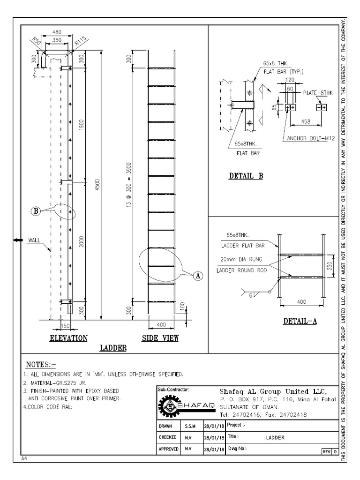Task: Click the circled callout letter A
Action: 198,277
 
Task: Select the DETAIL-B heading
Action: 246,177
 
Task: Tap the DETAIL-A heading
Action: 300,322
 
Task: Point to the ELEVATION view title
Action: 69,338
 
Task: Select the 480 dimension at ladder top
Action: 56,32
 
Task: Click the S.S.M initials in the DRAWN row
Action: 190,426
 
